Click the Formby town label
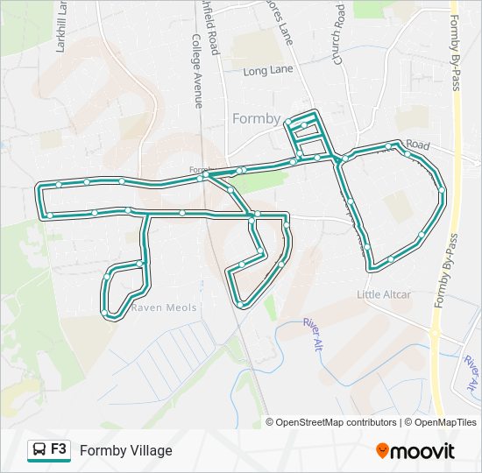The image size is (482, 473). (256, 119)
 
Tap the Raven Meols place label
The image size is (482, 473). (164, 308)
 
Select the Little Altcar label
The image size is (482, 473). (384, 295)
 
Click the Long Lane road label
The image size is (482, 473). (266, 71)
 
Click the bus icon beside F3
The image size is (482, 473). (39, 450)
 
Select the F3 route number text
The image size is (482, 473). (59, 449)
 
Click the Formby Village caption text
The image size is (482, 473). (125, 451)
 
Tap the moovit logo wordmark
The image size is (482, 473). (423, 451)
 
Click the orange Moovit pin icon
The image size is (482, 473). (383, 451)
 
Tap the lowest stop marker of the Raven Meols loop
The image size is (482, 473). (105, 312)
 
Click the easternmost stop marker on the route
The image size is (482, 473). (443, 189)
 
